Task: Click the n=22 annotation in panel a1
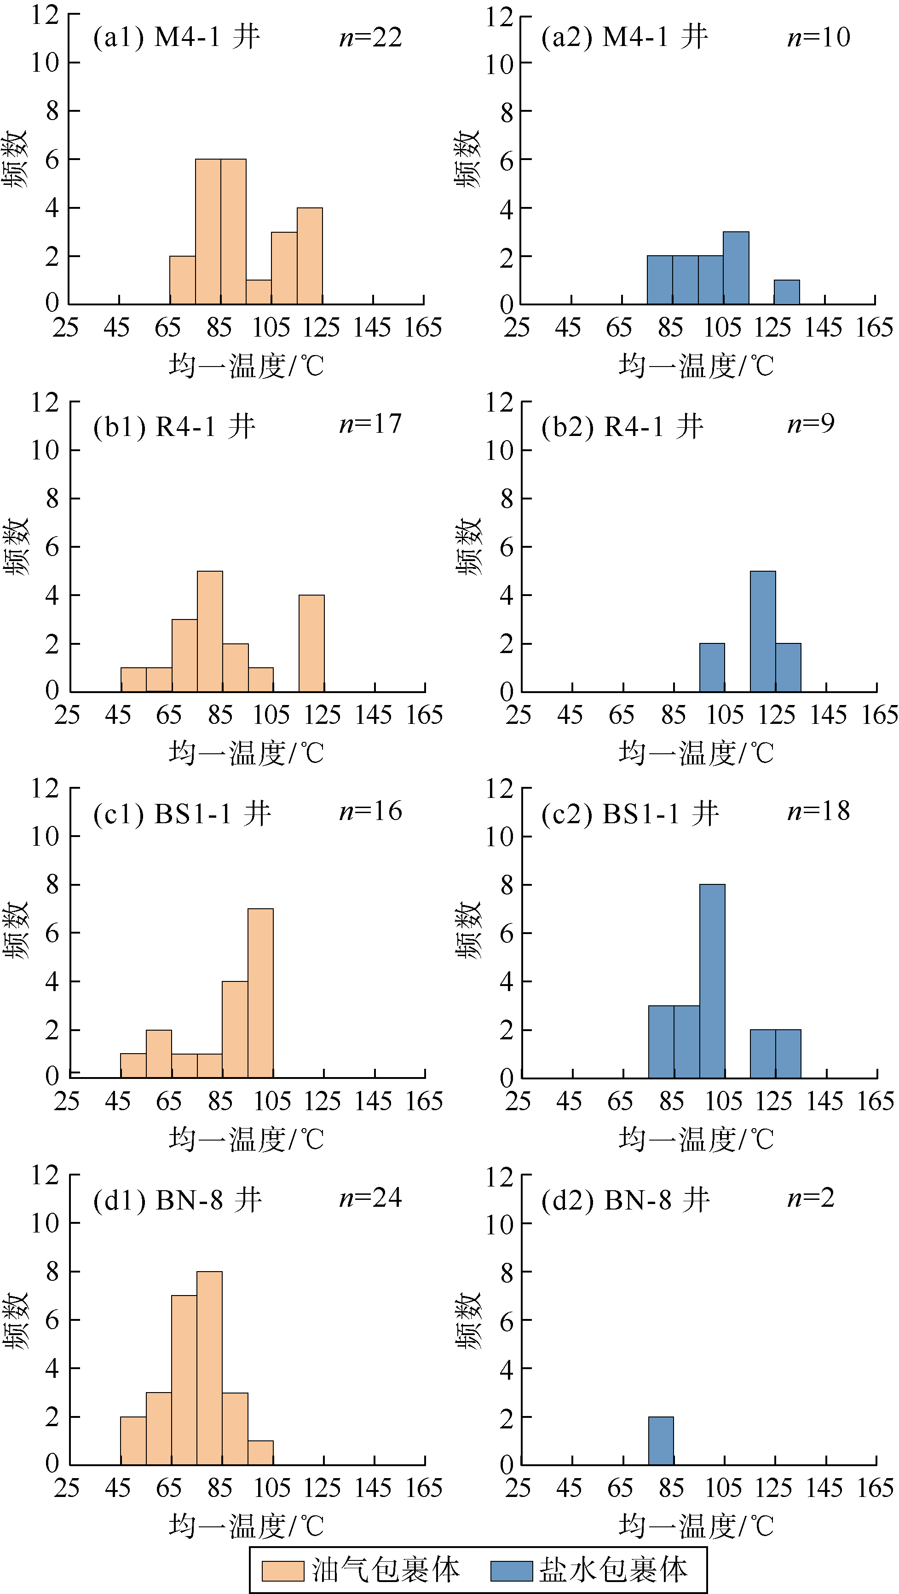[370, 38]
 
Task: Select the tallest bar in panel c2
[712, 981]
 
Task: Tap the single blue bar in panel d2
[661, 1441]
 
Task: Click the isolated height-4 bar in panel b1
[311, 643]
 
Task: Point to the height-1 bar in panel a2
[786, 292]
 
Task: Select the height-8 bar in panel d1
[209, 1369]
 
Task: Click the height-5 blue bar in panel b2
[763, 631]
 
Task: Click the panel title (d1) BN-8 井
[177, 1200]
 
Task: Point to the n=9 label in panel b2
[811, 424]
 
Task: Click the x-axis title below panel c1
[247, 1139]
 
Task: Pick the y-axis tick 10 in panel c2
[499, 837]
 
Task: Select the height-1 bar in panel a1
[259, 292]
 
